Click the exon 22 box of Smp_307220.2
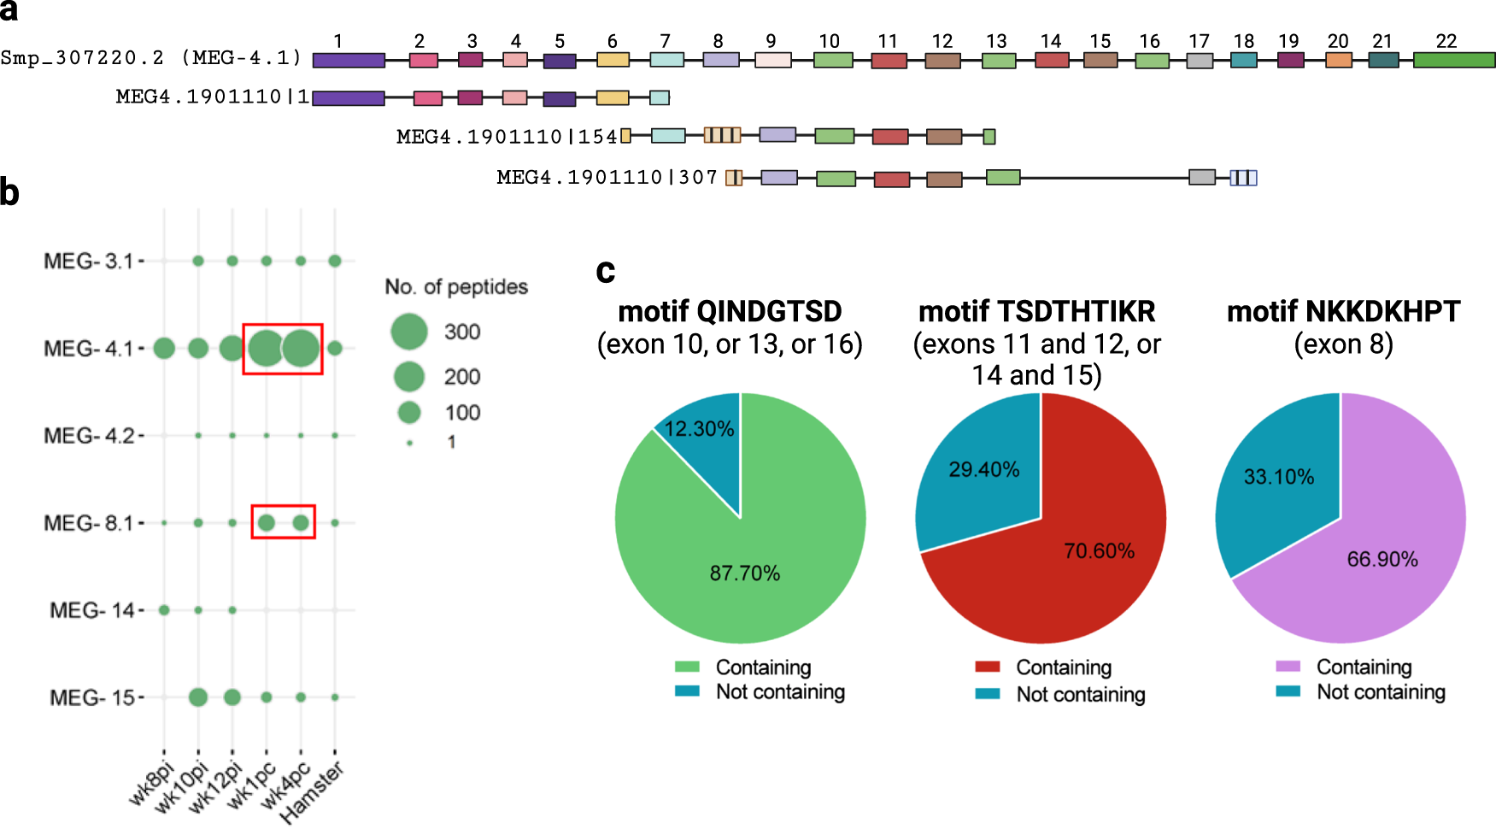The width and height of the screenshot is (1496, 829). [1453, 60]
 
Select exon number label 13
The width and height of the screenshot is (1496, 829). [996, 41]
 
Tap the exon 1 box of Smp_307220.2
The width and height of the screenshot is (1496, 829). [349, 60]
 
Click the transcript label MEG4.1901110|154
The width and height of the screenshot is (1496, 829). [507, 137]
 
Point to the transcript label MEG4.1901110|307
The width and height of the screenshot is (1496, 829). [607, 177]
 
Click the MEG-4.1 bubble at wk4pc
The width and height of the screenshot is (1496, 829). [301, 348]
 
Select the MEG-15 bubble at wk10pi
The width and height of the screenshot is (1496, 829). [198, 697]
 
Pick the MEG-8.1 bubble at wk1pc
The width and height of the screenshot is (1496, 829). [267, 522]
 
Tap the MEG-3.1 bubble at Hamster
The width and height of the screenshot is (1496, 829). [335, 261]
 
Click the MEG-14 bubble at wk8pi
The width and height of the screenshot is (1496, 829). [164, 610]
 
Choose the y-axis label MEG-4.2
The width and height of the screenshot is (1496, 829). [89, 436]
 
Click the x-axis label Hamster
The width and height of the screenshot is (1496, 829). [313, 793]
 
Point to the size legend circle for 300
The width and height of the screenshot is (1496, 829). [409, 332]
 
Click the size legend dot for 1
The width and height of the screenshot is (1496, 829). [410, 443]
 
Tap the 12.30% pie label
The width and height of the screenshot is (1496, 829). [699, 428]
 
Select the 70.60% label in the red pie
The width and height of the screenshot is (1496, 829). [1099, 551]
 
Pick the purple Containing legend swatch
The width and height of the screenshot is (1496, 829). [1288, 667]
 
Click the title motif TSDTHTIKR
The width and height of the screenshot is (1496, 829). [1036, 312]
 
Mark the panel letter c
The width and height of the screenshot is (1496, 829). [606, 271]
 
